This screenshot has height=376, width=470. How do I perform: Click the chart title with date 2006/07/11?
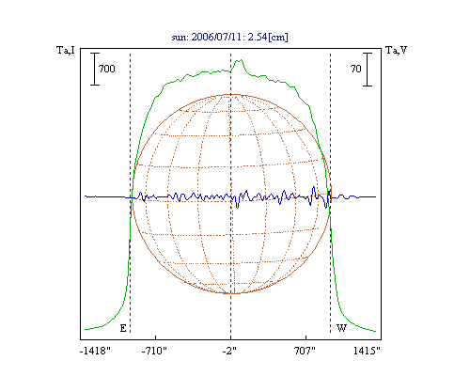(229, 37)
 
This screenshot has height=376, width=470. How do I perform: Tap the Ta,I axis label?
(66, 50)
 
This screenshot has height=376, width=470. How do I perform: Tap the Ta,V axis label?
(396, 50)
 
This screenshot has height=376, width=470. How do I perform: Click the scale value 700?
(107, 69)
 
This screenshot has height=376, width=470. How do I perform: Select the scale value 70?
(356, 69)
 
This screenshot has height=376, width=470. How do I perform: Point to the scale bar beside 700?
(95, 69)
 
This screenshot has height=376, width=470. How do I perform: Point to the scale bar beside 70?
(368, 70)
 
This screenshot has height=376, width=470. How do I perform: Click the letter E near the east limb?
(123, 328)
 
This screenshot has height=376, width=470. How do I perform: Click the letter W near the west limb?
(341, 328)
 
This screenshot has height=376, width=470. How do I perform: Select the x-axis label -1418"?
(95, 351)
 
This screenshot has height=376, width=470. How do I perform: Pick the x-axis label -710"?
(154, 351)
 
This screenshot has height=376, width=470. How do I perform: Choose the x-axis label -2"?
(229, 351)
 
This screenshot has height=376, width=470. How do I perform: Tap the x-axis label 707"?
(305, 351)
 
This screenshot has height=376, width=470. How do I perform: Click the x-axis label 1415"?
(367, 351)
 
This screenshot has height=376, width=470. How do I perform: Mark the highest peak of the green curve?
(241, 59)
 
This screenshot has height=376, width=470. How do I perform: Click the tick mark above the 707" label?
(305, 337)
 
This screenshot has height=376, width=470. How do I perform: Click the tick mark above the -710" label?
(156, 337)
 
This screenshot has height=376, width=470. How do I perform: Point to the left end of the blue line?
(85, 196)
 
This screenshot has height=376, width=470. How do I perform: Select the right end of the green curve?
(376, 331)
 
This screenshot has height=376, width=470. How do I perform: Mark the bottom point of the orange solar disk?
(231, 293)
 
